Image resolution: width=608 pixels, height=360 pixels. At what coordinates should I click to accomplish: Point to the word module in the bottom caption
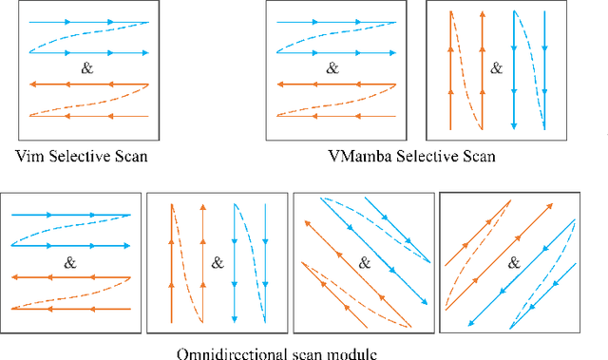point(333,353)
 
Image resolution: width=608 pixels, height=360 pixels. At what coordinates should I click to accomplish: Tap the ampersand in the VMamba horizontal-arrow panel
point(332,68)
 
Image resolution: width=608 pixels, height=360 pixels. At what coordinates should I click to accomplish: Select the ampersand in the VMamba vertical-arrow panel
point(496,68)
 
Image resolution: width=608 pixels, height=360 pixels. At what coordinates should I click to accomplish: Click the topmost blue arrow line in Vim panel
point(85,21)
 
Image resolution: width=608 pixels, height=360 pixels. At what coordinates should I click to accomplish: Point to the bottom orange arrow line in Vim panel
point(85,116)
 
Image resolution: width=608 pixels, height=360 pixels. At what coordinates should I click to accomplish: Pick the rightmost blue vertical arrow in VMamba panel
point(544,66)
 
